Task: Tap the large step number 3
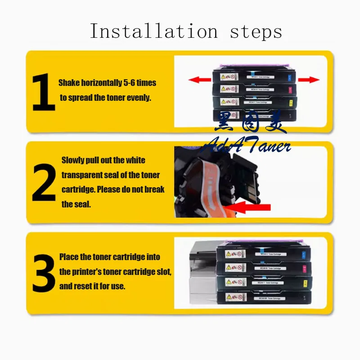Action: tap(44, 272)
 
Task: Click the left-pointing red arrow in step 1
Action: tap(199, 80)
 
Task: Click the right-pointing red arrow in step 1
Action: tap(309, 80)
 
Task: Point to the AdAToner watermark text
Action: tap(247, 145)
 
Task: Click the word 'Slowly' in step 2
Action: tap(72, 160)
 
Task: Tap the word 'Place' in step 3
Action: tap(69, 257)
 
